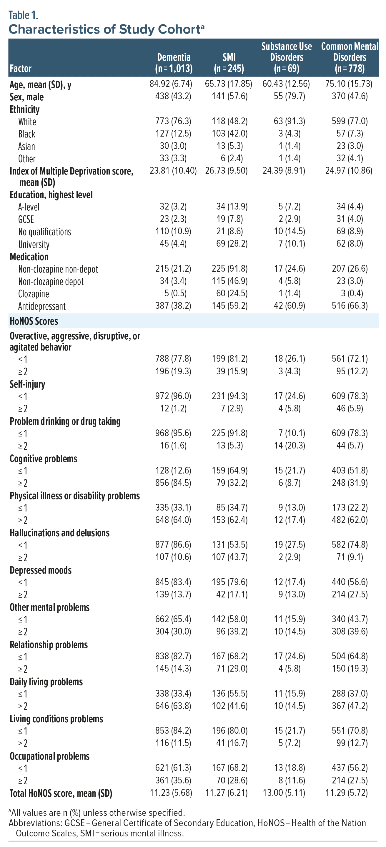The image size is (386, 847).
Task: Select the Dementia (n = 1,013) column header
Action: point(174,63)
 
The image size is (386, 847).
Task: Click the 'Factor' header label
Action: point(21,68)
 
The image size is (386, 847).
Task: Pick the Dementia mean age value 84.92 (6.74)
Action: point(171,84)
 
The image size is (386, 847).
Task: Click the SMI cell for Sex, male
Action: point(229,96)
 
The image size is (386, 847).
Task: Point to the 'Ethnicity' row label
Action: point(25,109)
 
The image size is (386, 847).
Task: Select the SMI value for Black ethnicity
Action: point(229,134)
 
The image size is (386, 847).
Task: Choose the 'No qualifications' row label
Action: point(44,232)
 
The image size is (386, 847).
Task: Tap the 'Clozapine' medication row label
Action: point(34,294)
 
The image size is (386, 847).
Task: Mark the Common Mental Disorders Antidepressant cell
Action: point(350,306)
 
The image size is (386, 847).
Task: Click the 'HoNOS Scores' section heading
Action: point(34,321)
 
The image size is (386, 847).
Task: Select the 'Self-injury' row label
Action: point(27,384)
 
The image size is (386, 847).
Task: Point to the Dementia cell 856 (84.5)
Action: point(173,483)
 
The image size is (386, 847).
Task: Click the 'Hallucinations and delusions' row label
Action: point(59,533)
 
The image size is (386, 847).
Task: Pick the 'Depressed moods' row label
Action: point(40,570)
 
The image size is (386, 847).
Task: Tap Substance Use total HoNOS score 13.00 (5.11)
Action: point(284,793)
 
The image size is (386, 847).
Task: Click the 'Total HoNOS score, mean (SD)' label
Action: point(61,793)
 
